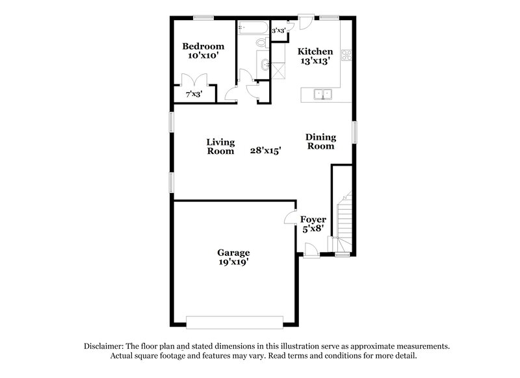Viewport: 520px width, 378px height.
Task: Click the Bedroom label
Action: [x=203, y=46]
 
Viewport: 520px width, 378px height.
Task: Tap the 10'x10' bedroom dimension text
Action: [x=203, y=56]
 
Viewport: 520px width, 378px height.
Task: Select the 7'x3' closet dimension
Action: [x=194, y=94]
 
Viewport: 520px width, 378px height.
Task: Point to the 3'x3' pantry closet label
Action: [x=279, y=31]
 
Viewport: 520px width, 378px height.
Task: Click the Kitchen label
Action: [x=315, y=51]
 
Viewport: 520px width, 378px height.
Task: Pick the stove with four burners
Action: [x=347, y=55]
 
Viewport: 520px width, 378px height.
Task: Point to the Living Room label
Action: [x=220, y=146]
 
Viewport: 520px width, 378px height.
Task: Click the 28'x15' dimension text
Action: [x=265, y=151]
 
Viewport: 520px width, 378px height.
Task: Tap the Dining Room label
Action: [x=320, y=142]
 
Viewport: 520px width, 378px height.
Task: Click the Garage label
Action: [x=233, y=253]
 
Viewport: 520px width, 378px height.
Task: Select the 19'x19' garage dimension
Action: [x=233, y=262]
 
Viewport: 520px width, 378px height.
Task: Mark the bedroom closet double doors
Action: [x=193, y=81]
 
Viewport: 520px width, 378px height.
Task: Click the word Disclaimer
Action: [x=105, y=346]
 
